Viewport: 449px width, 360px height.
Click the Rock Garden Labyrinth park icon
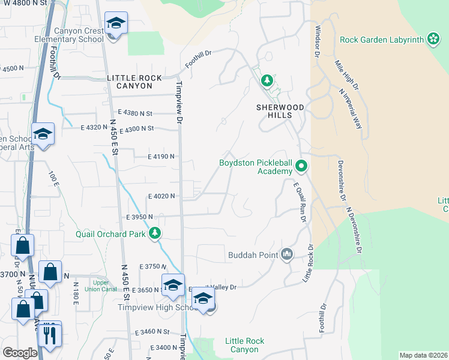433,40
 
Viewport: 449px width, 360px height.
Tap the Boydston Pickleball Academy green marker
302,167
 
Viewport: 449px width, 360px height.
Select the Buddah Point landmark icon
287,255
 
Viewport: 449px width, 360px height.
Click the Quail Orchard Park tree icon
155,233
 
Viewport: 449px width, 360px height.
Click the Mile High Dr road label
347,75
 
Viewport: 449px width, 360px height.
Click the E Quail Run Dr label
300,202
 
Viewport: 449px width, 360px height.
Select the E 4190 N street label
161,157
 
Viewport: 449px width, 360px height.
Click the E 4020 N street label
161,196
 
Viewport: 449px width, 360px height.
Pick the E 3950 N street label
140,217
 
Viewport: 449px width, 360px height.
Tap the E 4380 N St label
136,113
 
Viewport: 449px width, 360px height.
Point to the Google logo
20,353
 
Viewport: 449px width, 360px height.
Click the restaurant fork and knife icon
49,334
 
